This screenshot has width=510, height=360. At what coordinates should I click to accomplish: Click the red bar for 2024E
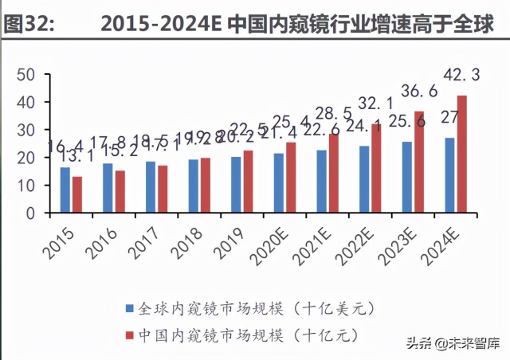click(461, 154)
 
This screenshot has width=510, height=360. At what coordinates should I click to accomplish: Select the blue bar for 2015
click(65, 190)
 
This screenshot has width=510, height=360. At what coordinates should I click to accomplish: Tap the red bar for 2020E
click(291, 178)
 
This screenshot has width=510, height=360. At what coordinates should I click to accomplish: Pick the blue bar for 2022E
click(364, 179)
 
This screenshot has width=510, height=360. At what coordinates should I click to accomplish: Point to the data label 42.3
click(461, 76)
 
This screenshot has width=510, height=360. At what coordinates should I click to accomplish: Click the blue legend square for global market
click(129, 307)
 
